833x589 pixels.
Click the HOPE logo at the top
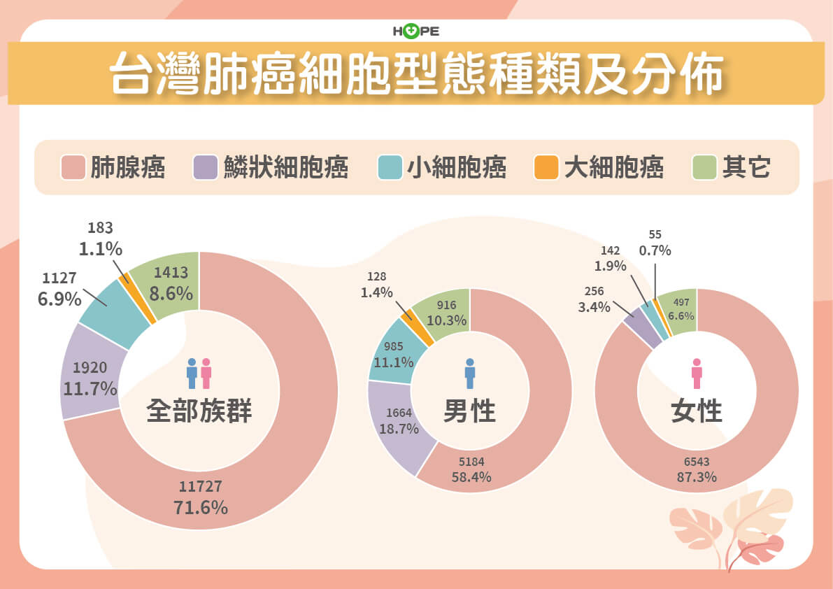click(416, 31)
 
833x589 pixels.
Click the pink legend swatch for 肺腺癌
click(73, 168)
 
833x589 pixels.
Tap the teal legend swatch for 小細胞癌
click(389, 168)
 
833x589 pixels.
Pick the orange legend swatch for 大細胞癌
click(546, 168)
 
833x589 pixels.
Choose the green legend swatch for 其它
click(704, 168)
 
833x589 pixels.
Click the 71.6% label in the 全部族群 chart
click(201, 507)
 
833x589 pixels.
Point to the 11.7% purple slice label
click(90, 388)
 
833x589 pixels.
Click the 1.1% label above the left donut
click(101, 248)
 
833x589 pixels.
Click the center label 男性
click(469, 411)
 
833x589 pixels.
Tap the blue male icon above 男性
click(470, 374)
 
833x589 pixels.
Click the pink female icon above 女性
click(697, 374)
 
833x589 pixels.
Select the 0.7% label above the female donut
click(655, 250)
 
